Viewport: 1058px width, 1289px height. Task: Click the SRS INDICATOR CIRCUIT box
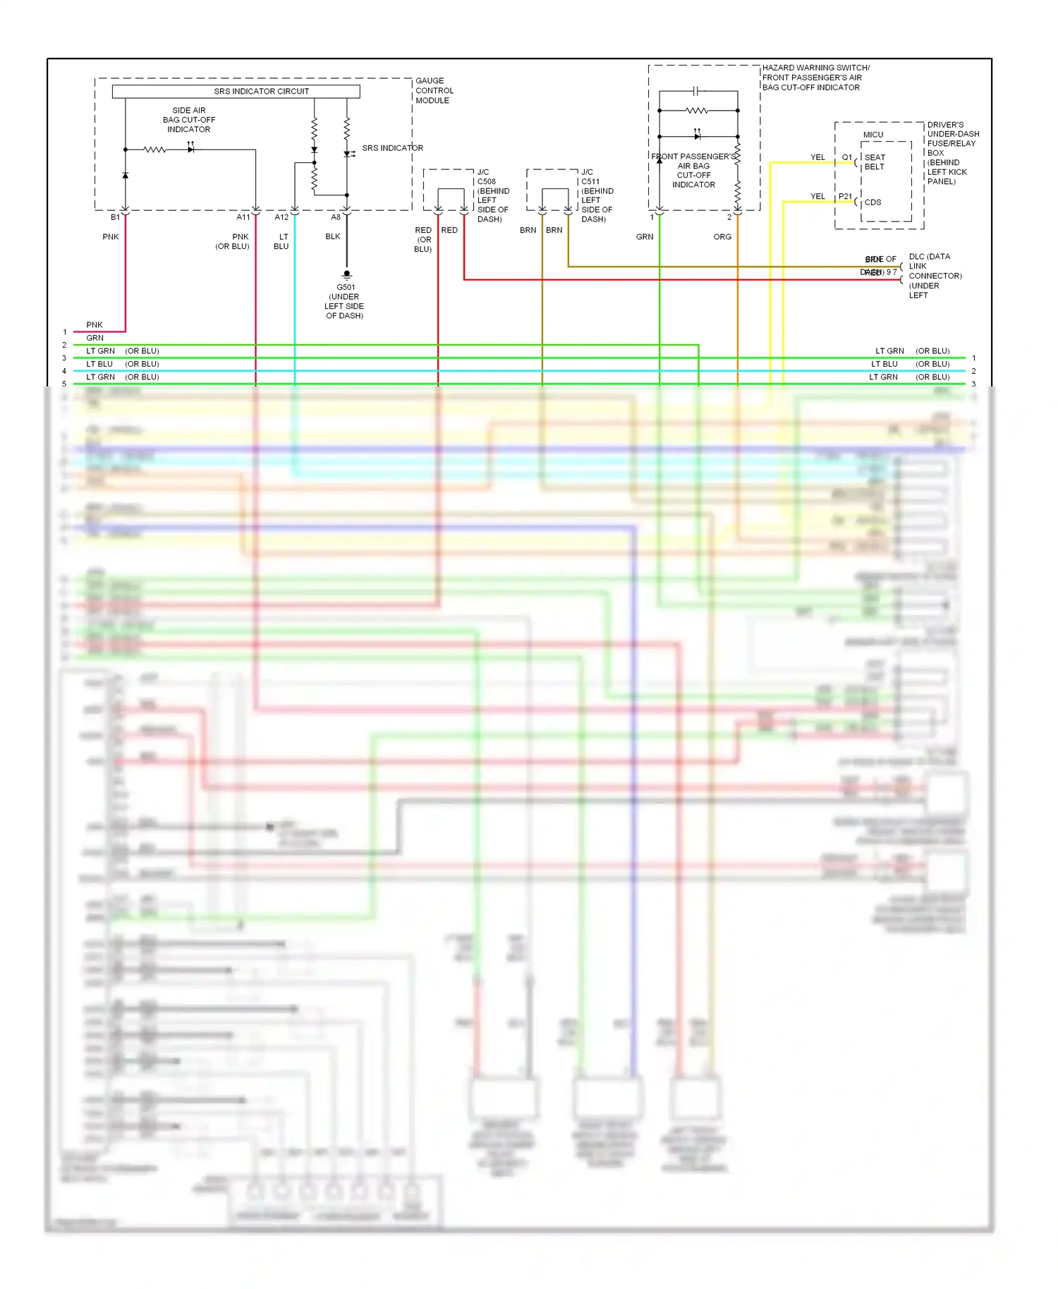[x=236, y=92]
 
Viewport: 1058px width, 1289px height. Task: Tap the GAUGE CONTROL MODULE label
[x=434, y=91]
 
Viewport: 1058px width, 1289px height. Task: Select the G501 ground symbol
[x=346, y=274]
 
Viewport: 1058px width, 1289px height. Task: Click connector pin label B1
[x=115, y=217]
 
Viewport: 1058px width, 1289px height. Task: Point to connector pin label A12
[x=281, y=217]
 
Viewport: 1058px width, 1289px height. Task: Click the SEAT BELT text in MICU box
[x=875, y=162]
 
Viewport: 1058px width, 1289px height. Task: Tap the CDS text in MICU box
[x=872, y=202]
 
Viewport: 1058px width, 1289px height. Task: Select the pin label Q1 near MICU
[x=846, y=157]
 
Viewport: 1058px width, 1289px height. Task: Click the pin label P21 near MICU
[x=845, y=197]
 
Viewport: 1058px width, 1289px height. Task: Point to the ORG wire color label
[x=722, y=237]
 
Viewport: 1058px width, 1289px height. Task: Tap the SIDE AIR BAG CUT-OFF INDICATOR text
[x=189, y=120]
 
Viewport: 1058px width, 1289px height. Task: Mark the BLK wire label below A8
[x=333, y=237]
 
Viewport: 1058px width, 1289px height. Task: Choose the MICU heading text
[x=873, y=135]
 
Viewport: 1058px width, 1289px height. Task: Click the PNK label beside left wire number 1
[x=95, y=325]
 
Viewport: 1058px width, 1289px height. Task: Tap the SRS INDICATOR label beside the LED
[x=392, y=148]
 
